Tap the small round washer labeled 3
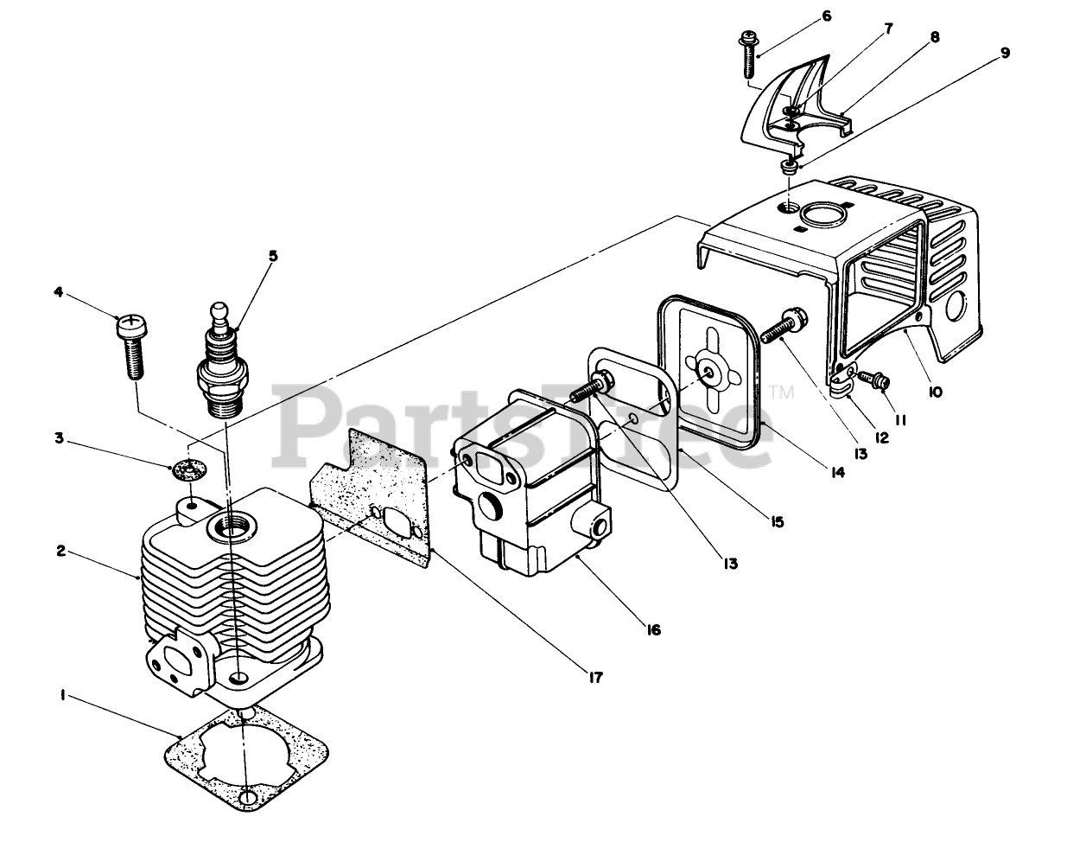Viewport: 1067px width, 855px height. tap(189, 470)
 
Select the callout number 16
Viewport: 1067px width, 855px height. tap(653, 630)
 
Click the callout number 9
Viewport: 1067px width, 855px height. tap(1005, 52)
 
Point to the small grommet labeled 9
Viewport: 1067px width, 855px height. tap(788, 166)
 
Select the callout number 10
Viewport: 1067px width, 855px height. tap(935, 392)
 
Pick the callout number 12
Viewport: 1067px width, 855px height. tap(880, 437)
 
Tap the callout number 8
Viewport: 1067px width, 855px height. tap(936, 37)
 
